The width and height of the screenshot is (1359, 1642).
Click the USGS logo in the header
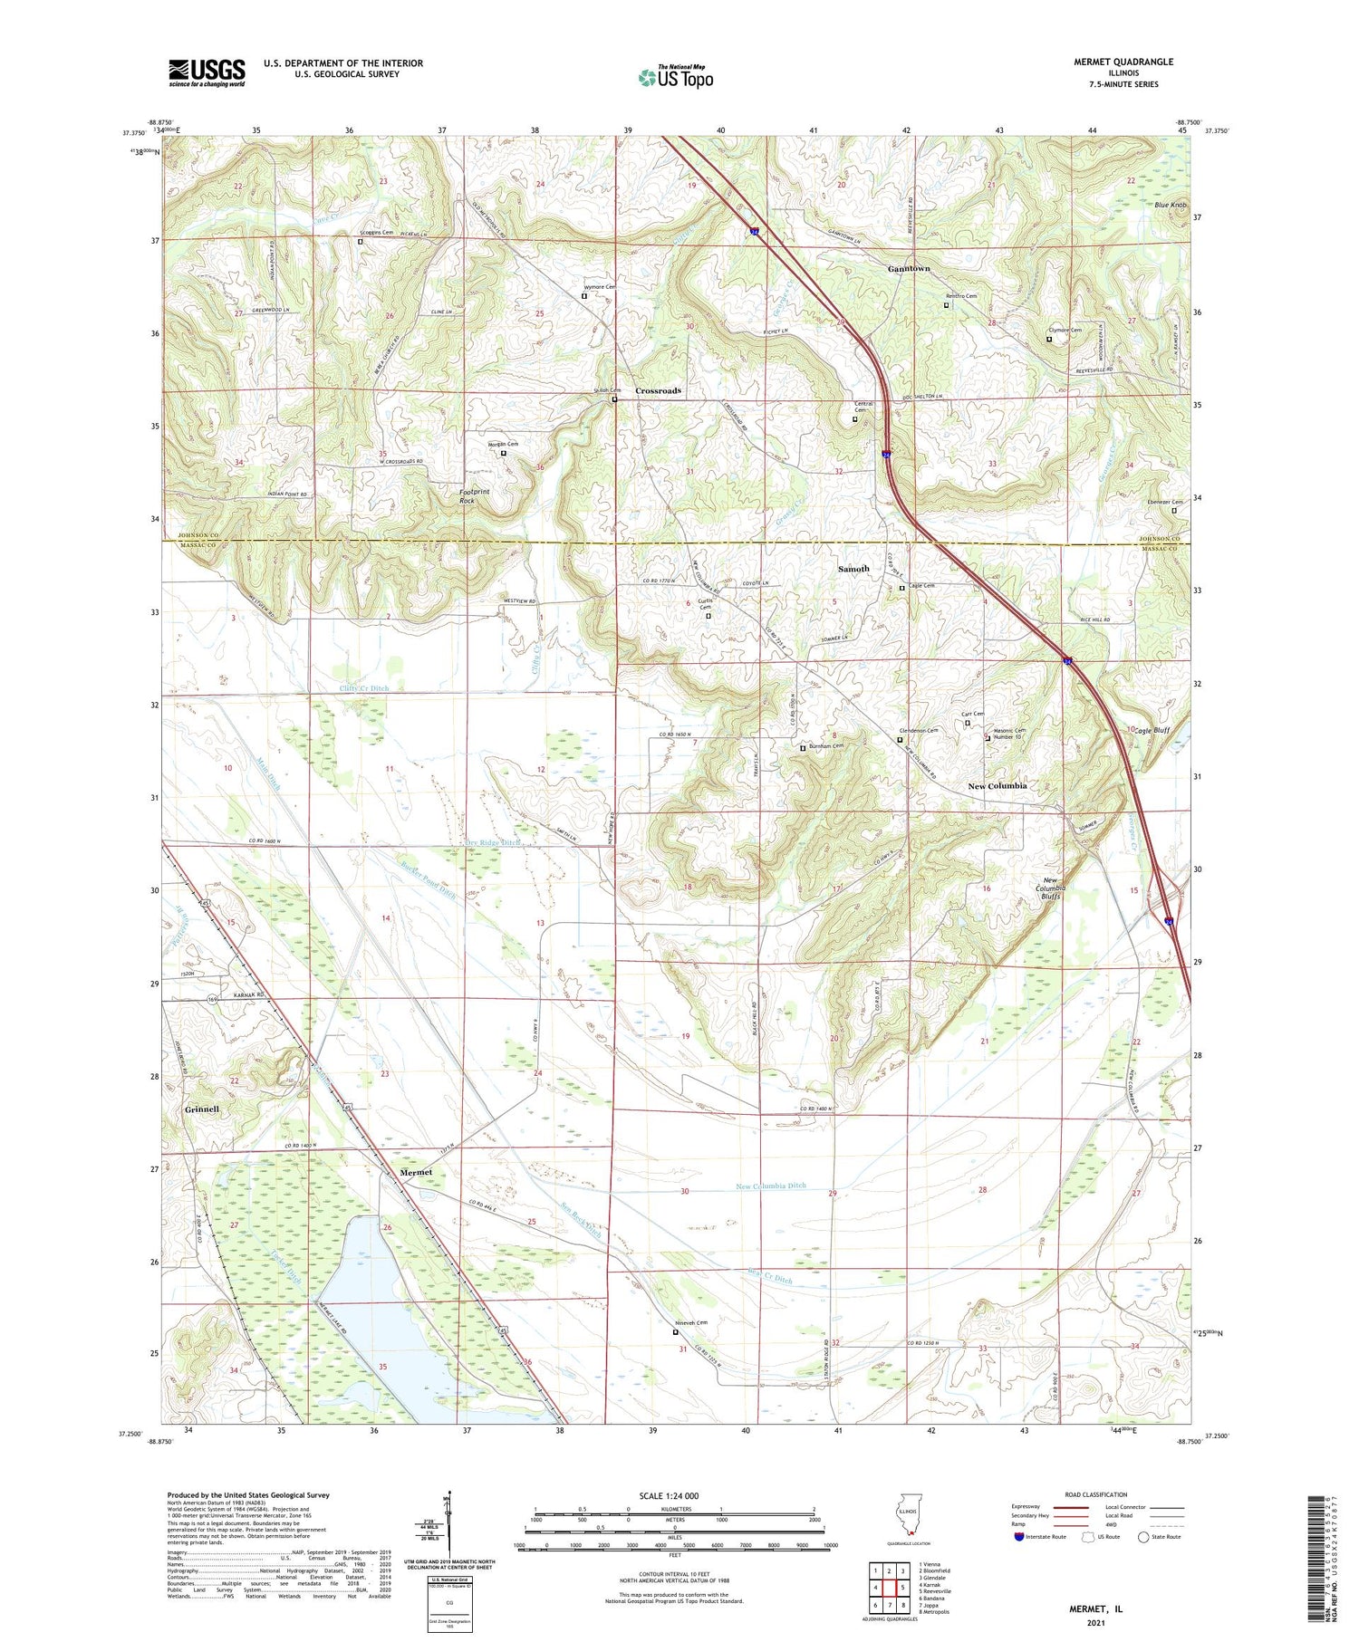pos(207,72)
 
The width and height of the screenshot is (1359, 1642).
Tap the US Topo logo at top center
pos(675,77)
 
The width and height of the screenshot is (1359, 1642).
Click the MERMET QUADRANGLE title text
pos(1121,62)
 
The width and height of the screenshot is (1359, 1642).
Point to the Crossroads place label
pos(658,391)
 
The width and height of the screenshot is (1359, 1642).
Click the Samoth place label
pos(853,569)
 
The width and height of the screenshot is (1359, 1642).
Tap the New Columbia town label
pos(997,786)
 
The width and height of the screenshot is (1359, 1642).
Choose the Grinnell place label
pos(202,1109)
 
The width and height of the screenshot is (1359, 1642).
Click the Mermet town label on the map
pos(416,1172)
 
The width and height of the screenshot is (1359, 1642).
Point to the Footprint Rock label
pos(474,495)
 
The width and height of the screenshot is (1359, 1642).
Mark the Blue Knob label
pos(1171,206)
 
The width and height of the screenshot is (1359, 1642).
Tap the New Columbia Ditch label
pos(770,1186)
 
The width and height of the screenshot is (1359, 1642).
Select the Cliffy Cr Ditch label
pos(363,688)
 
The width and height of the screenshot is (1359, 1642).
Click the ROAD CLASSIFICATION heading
pos(1096,1494)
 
